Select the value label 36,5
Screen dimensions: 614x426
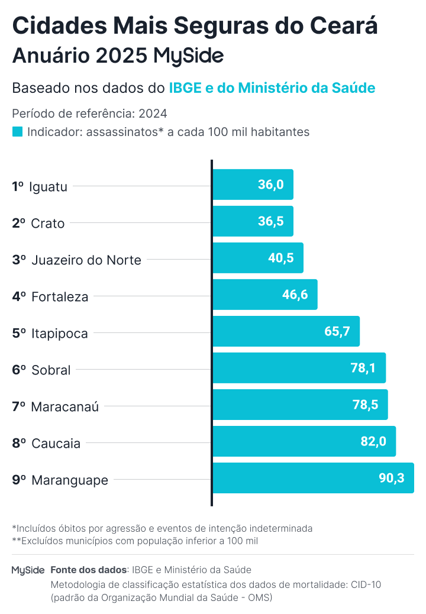click(x=271, y=221)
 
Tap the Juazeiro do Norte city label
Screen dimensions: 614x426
click(x=86, y=260)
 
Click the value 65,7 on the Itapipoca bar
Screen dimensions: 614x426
click(x=338, y=331)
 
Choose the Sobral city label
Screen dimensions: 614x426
click(x=51, y=370)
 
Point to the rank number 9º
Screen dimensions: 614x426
click(x=19, y=480)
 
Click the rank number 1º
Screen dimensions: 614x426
click(x=18, y=186)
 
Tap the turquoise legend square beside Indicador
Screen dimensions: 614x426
click(x=17, y=132)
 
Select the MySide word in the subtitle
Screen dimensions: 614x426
click(x=188, y=56)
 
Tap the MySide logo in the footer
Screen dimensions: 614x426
click(x=28, y=570)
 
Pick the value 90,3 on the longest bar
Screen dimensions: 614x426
click(x=392, y=478)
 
